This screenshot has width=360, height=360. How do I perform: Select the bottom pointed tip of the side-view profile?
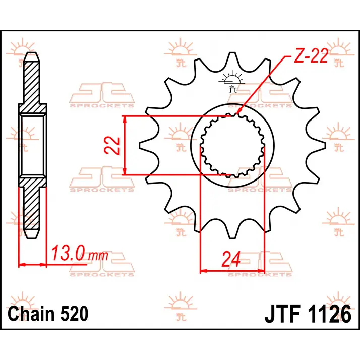coord(32,239)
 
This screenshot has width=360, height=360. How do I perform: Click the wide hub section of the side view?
coord(32,146)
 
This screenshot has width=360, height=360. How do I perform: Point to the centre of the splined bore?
coord(232,146)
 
